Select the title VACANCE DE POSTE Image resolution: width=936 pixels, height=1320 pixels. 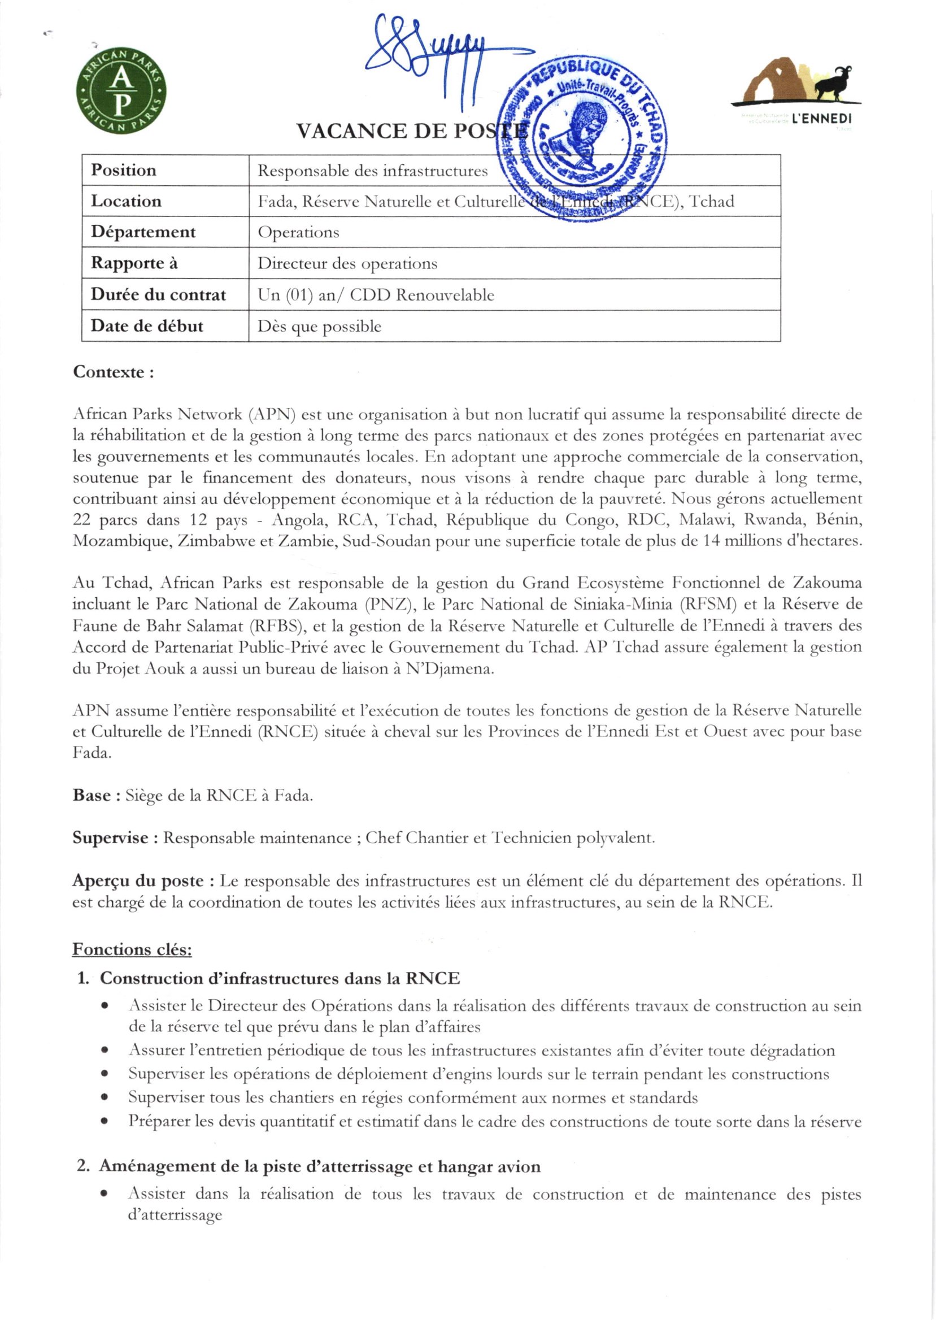pos(410,132)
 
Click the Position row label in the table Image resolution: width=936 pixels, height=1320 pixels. pos(124,170)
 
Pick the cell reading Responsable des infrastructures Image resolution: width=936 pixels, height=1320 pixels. pos(372,171)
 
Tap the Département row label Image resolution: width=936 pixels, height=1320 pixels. pos(143,232)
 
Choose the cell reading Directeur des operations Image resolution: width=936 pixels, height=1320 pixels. pos(347,263)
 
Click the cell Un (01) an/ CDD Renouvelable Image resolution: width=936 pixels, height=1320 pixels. pos(376,294)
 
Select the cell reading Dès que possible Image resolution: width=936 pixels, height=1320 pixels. pos(319,326)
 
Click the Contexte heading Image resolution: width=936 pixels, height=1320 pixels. pos(113,372)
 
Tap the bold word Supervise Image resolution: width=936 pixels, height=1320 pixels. pos(111,837)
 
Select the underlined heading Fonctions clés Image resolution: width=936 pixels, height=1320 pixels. pos(132,949)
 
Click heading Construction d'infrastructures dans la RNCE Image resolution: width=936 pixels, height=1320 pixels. pos(280,978)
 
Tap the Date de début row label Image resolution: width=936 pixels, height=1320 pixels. pos(147,325)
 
